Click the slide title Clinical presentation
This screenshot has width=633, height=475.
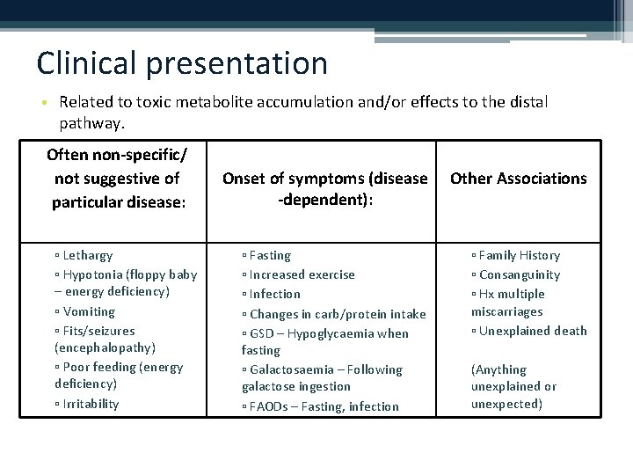pos(182,63)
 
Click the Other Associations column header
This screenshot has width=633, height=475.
pos(518,179)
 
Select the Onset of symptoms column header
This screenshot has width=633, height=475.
pos(324,188)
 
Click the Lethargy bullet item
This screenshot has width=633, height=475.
pos(87,255)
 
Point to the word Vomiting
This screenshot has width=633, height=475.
pos(89,311)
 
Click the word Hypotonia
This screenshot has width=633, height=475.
pos(94,274)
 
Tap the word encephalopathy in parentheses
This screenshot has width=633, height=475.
pos(105,347)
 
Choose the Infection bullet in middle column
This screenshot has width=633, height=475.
pos(274,294)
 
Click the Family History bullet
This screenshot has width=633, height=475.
pos(519,255)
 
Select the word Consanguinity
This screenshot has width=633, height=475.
pos(519,274)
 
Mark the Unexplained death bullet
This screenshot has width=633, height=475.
pos(533,331)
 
